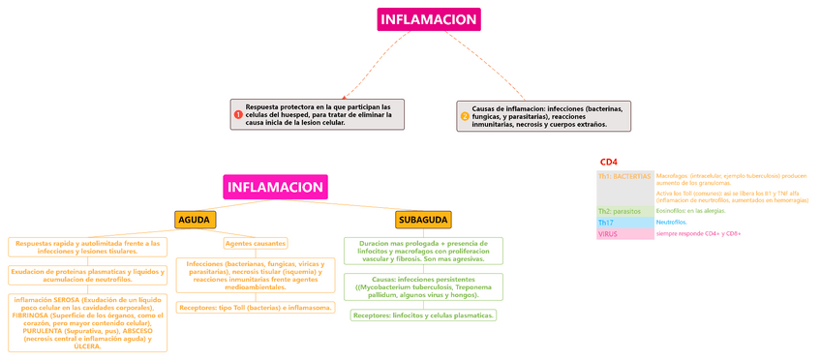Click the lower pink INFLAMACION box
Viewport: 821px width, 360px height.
[275, 187]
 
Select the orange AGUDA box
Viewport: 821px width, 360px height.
[195, 220]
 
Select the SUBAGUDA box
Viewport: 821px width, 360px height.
[423, 220]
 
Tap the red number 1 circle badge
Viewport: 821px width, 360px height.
[239, 115]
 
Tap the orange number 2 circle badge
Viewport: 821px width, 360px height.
[465, 116]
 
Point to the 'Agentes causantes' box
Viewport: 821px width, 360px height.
[256, 243]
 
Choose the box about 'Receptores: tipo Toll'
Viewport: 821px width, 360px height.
[256, 308]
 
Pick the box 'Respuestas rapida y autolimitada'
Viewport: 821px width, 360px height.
[87, 247]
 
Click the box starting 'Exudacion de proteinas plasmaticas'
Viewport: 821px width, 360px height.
[87, 275]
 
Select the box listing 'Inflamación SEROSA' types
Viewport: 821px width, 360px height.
[87, 323]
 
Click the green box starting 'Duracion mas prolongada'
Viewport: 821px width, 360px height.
[423, 251]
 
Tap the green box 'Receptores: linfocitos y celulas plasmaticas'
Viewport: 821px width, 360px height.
[423, 315]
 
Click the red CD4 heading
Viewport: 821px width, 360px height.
[609, 162]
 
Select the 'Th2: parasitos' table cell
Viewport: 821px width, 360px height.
[624, 210]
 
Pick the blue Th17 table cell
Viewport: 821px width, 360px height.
[624, 223]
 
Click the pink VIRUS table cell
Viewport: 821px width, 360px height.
[624, 233]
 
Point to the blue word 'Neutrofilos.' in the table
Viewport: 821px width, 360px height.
[672, 223]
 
